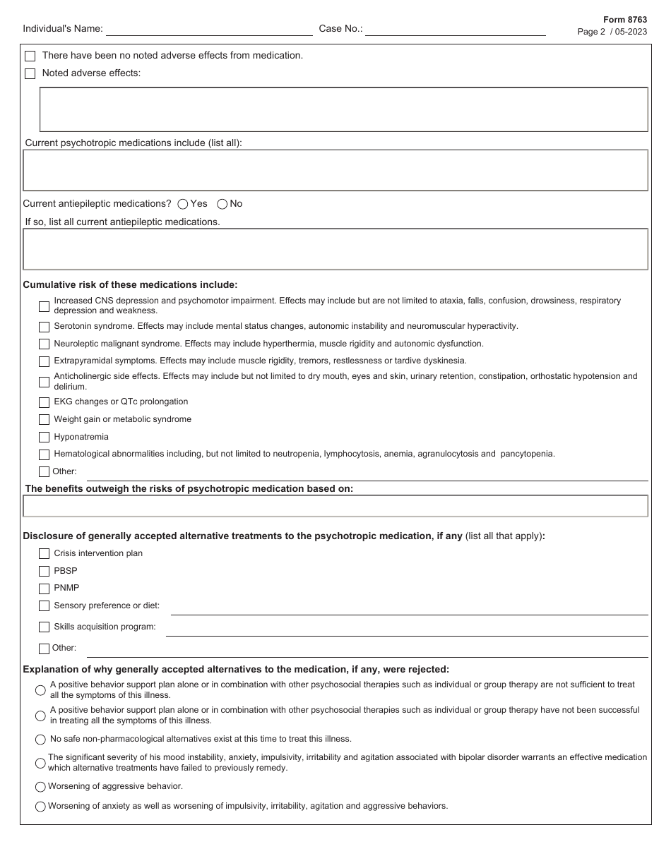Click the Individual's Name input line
209,30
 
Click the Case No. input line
455,30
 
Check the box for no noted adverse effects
30,56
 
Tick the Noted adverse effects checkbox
30,73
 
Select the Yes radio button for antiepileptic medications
183,204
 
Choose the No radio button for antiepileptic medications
222,204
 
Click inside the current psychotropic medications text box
335,170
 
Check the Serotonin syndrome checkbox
44,327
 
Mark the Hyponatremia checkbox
44,438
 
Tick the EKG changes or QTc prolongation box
44,402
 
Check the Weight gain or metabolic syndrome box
44,420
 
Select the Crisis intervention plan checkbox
44,554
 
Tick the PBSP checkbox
44,572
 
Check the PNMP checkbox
44,589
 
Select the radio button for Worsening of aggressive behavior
40,787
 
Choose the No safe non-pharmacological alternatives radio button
40,740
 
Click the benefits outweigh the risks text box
335,506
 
